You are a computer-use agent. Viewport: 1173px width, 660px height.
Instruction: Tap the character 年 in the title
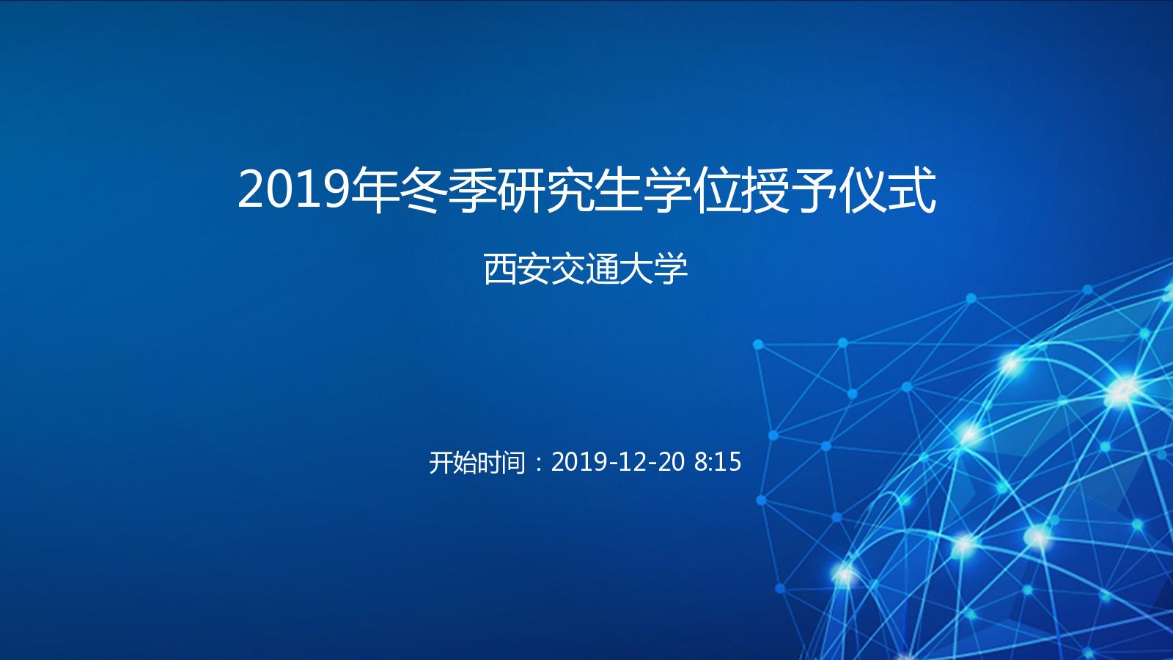[373, 190]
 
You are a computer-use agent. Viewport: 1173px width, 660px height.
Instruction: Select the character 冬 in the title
[422, 190]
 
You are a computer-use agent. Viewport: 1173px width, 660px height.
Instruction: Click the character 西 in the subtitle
[501, 269]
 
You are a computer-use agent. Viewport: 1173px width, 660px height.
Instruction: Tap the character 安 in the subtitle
[534, 269]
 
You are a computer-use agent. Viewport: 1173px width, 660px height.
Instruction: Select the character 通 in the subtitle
[602, 269]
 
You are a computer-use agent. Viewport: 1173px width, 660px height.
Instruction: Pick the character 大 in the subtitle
[636, 269]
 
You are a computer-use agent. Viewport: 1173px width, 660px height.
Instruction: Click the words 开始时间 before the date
[477, 463]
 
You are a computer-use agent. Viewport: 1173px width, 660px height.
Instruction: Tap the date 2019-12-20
[618, 462]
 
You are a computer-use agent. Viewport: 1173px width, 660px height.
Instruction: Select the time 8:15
[718, 462]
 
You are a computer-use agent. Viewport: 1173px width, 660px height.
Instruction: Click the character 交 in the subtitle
[568, 269]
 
